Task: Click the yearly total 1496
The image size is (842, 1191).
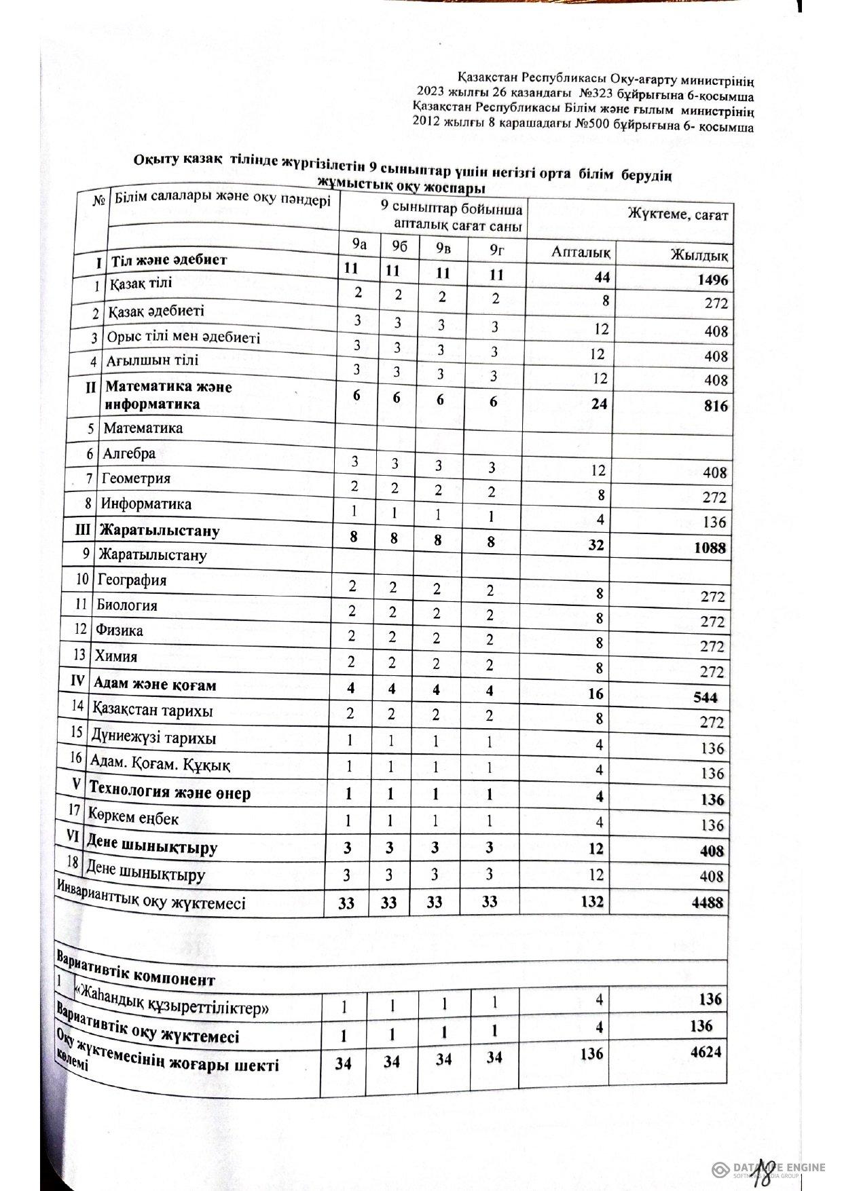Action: [x=710, y=280]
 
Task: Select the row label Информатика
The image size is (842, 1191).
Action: [x=146, y=504]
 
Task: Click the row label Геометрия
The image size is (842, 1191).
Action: [x=136, y=478]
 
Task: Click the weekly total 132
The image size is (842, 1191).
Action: [x=589, y=901]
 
